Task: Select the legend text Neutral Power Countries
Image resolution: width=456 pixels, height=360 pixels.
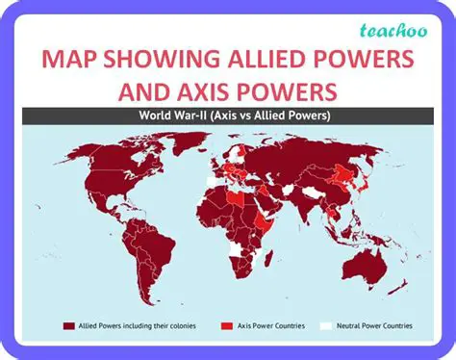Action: (x=370, y=325)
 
